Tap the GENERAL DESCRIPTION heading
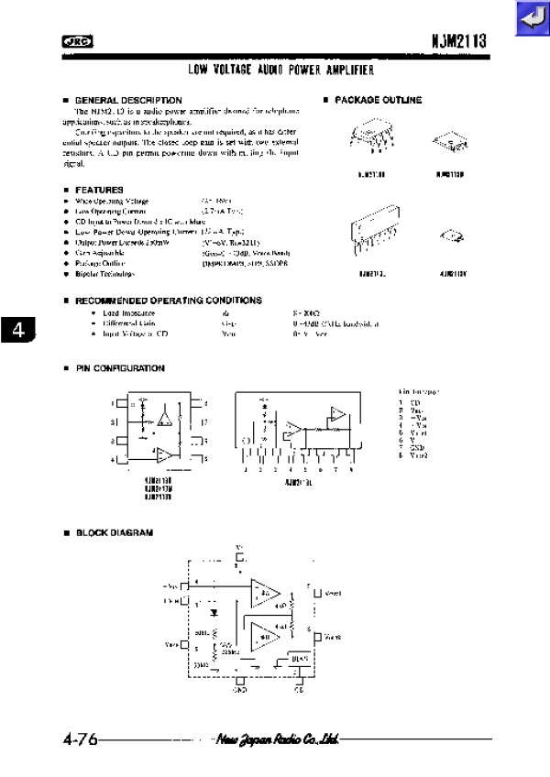point(127,100)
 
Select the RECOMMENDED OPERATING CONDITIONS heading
point(168,301)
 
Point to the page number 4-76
point(80,739)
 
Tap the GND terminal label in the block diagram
point(240,689)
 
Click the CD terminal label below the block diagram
point(299,689)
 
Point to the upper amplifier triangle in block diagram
point(267,593)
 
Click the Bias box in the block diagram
point(299,657)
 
